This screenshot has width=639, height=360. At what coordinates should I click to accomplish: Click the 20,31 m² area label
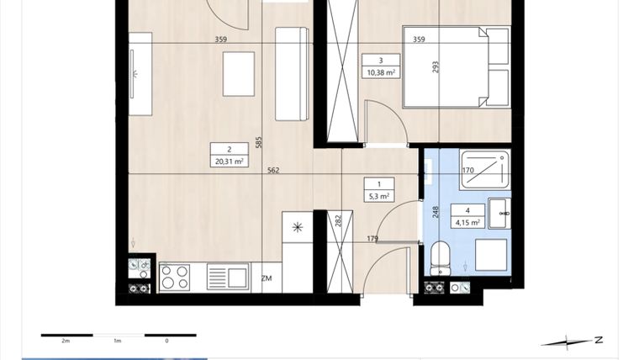pos(230,161)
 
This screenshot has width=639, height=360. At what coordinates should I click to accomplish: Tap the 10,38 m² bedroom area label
pos(381,72)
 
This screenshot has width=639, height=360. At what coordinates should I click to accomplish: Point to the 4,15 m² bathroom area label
pos(467,222)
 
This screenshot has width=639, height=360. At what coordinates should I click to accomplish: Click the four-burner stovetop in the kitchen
pos(174,277)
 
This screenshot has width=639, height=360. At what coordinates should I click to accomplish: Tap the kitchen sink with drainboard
pos(227,277)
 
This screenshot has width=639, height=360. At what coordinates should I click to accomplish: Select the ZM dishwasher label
pos(267,278)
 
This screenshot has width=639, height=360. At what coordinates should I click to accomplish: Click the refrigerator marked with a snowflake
pos(296,227)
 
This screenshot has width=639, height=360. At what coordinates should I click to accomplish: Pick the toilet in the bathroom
pos(441,257)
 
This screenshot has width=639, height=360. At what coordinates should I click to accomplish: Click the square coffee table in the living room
pos(238,73)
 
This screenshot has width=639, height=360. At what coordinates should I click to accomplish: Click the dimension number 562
pos(272,171)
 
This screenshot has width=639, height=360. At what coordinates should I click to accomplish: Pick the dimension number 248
pos(436,212)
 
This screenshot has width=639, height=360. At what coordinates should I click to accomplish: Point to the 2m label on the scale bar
pos(66,341)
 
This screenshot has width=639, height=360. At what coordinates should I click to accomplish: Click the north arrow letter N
pos(598,340)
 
